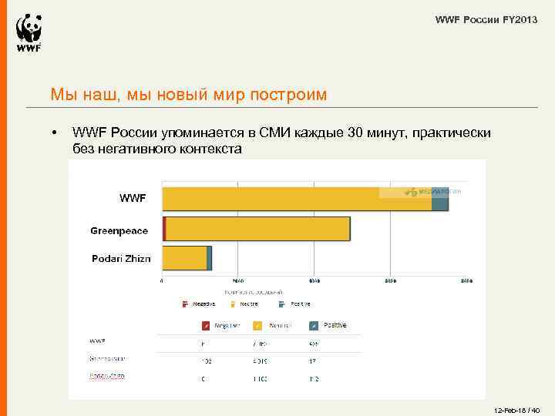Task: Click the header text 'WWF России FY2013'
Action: (486, 18)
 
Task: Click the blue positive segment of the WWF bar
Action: (439, 199)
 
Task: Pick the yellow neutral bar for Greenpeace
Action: (258, 230)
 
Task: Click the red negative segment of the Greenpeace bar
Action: (164, 230)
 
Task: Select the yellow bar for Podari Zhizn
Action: (184, 258)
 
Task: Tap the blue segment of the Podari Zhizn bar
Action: (210, 258)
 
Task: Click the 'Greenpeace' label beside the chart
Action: (119, 231)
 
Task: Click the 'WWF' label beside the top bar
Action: (132, 199)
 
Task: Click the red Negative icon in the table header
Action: (206, 326)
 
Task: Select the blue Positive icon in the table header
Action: (314, 326)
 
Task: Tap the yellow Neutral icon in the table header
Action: (258, 326)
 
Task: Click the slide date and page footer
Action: (516, 409)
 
